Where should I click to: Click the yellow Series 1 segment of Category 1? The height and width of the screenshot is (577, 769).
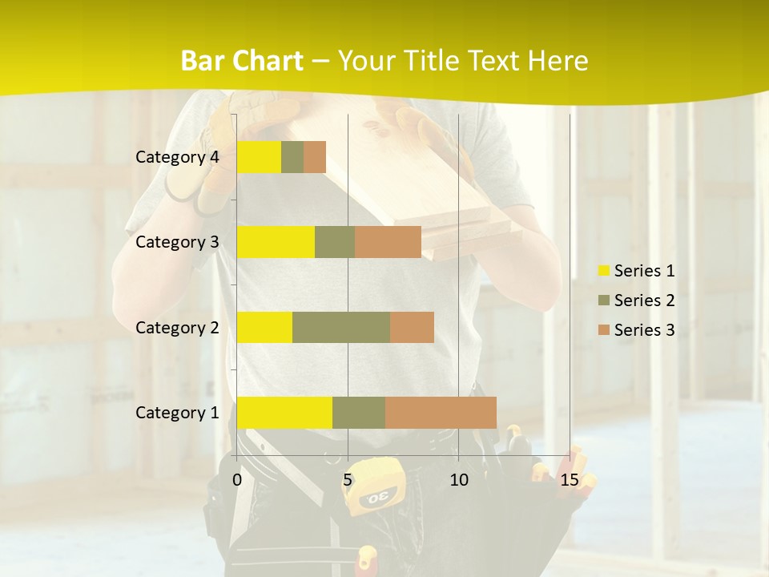tap(284, 412)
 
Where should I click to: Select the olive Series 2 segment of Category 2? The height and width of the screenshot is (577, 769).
tap(341, 327)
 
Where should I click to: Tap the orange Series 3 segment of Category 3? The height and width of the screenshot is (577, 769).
tap(388, 242)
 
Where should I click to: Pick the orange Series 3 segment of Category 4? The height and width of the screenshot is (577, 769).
tap(315, 157)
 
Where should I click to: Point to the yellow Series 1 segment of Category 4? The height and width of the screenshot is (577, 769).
tap(259, 157)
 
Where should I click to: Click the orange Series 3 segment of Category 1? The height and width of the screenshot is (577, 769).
tap(441, 412)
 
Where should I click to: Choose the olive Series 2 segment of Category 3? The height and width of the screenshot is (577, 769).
tap(335, 242)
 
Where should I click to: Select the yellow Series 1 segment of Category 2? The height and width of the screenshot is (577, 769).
tap(264, 327)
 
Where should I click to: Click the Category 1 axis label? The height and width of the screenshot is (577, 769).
tap(177, 413)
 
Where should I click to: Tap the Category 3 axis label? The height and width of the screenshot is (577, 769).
tap(177, 242)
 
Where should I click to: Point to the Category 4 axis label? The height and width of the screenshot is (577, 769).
tap(177, 157)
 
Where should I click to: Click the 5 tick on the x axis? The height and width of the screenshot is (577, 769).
tap(348, 480)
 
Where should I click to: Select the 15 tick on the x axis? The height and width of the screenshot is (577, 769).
tap(570, 480)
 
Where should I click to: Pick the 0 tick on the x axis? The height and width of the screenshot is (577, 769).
tap(237, 480)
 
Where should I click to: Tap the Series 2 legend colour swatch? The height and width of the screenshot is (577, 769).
tap(603, 301)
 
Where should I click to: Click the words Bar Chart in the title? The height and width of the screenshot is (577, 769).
tap(242, 61)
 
